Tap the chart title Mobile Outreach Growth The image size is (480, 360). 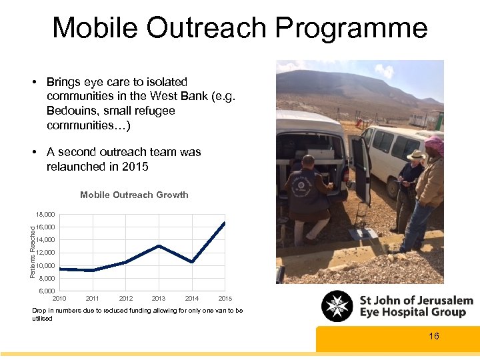[134, 195]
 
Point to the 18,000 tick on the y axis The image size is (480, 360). [46, 215]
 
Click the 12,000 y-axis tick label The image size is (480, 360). [46, 253]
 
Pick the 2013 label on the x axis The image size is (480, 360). [159, 299]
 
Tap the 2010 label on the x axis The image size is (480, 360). [59, 299]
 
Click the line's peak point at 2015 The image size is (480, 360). [225, 223]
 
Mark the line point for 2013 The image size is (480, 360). [159, 246]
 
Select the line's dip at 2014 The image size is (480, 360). [192, 262]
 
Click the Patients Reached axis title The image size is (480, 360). [33, 253]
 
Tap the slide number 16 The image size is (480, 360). [434, 336]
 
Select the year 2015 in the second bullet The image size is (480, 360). [135, 167]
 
